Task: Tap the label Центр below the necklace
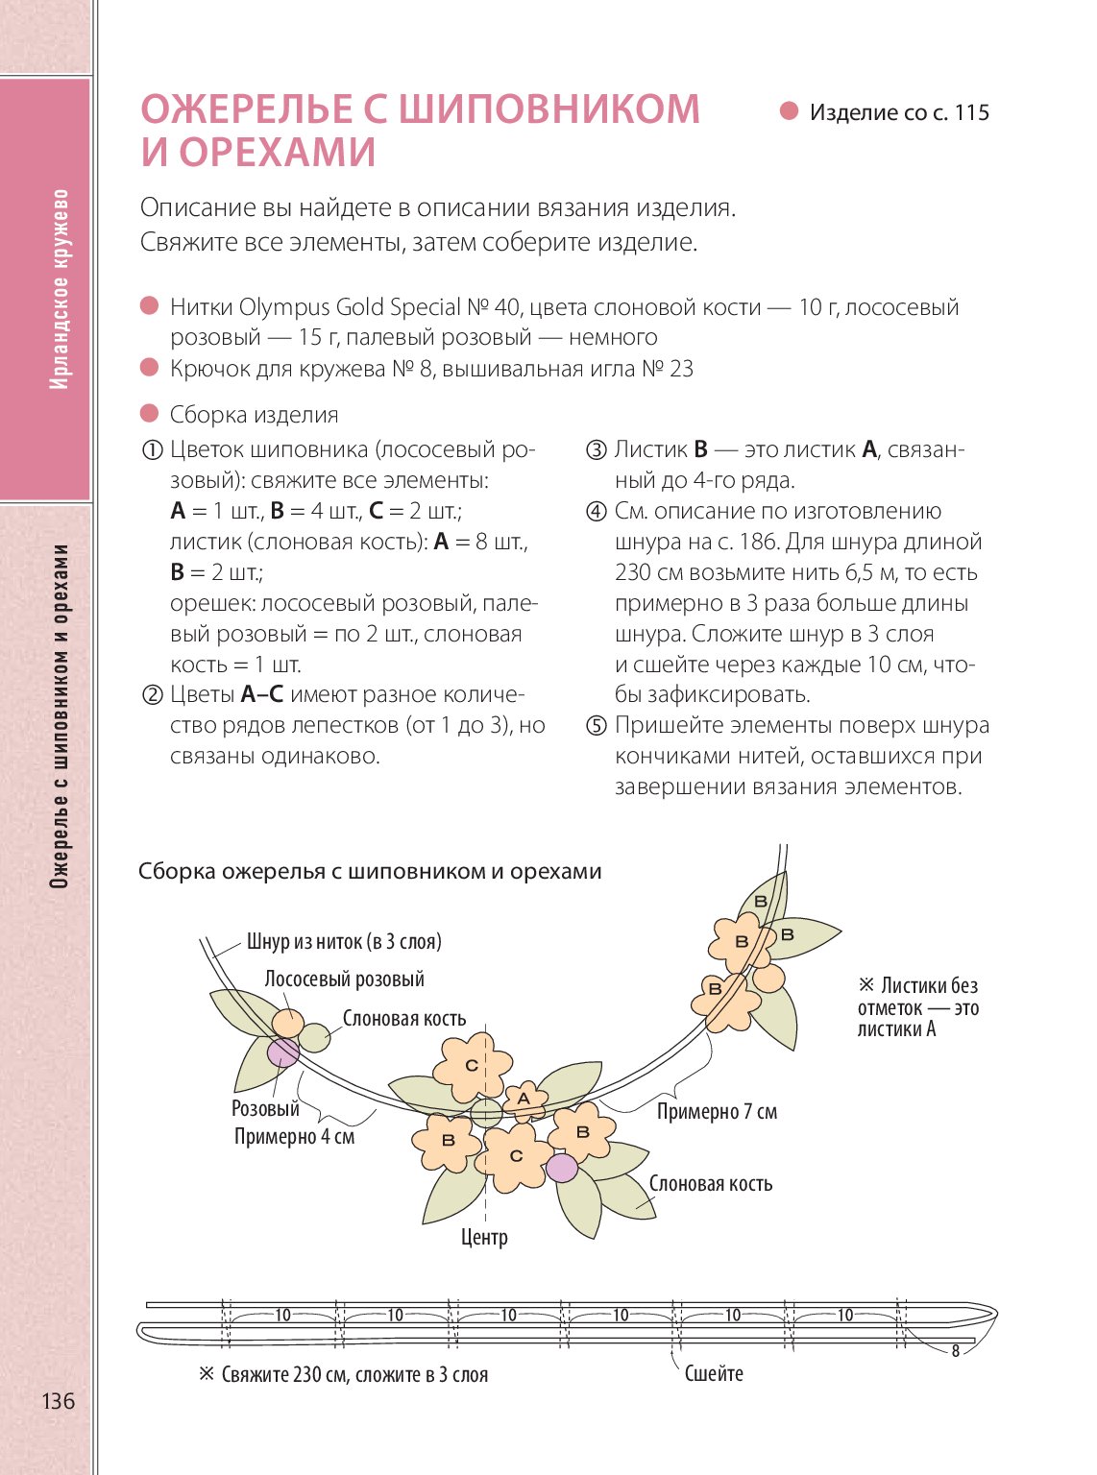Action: tap(484, 1237)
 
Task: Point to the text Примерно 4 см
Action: tap(294, 1137)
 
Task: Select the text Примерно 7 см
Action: tap(717, 1112)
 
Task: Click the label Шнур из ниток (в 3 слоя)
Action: tap(344, 941)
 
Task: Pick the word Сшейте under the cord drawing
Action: tap(713, 1373)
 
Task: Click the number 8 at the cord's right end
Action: tap(955, 1351)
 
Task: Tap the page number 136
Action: tap(58, 1401)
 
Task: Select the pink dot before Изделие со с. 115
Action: tap(789, 111)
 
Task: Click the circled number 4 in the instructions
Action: tap(596, 512)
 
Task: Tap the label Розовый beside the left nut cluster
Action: tap(265, 1108)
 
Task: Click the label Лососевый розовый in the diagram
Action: tap(344, 979)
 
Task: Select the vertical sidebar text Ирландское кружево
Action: tap(60, 288)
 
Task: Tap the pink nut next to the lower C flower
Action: tap(562, 1168)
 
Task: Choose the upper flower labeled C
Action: tap(472, 1065)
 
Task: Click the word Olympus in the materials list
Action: tap(283, 307)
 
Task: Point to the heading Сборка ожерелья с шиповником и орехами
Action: tap(370, 872)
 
